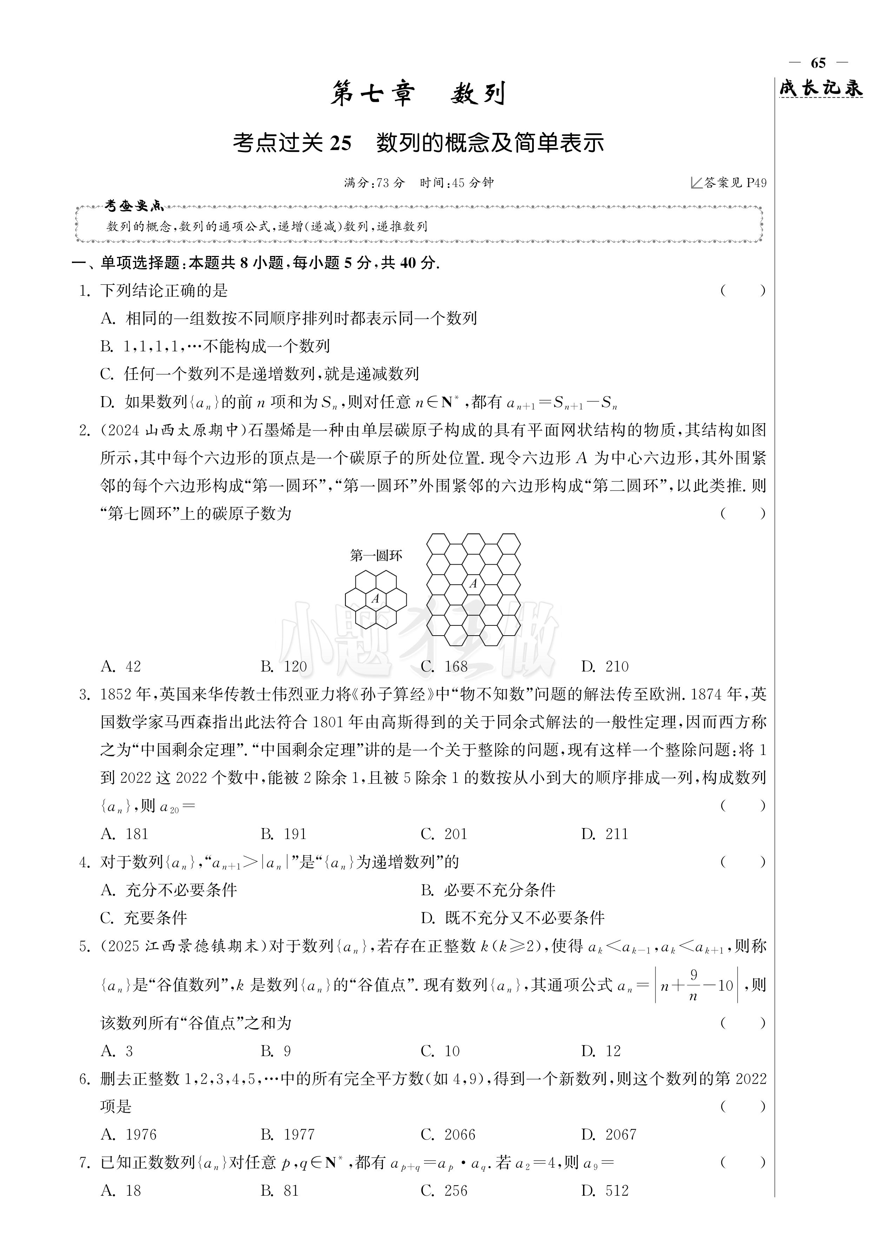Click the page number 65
[x=818, y=63]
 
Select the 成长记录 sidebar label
[x=820, y=88]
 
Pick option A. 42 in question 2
[x=121, y=666]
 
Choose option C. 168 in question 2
[x=444, y=666]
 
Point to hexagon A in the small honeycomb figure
[x=376, y=598]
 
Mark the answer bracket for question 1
[x=743, y=290]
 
